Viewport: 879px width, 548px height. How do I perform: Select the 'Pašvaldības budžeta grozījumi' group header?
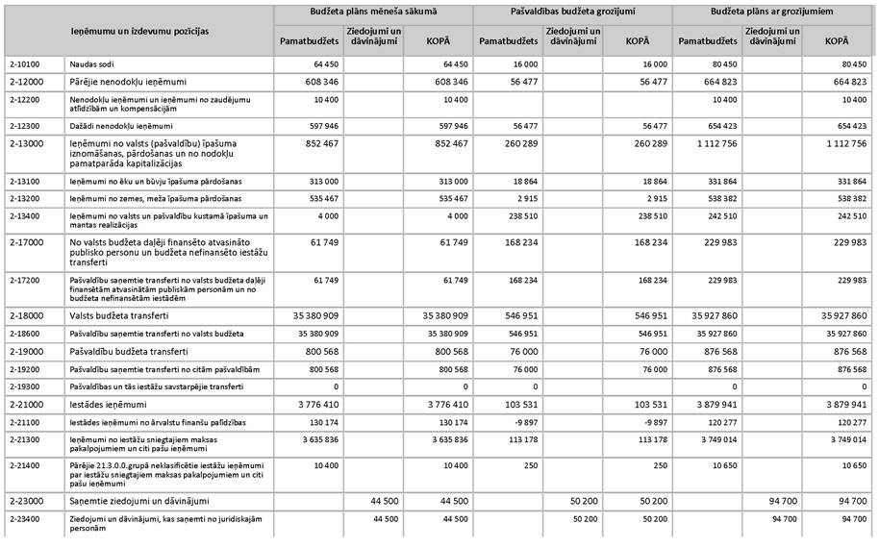(x=572, y=12)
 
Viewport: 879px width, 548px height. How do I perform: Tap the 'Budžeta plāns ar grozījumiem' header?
(x=773, y=12)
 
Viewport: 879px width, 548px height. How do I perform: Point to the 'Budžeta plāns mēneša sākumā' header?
(x=373, y=12)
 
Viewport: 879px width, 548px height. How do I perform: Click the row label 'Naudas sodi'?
(x=91, y=63)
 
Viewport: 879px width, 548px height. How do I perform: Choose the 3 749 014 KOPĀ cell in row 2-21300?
(x=846, y=439)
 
